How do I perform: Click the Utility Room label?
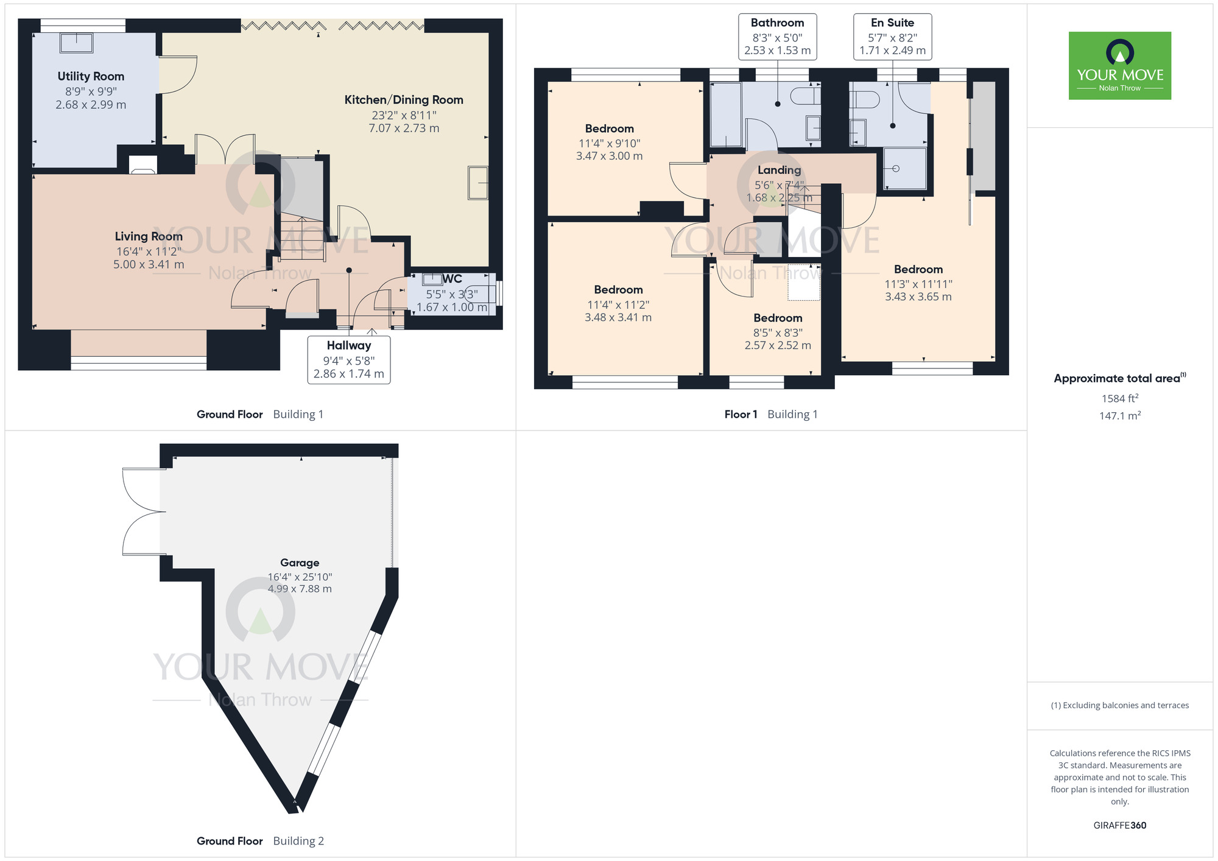click(91, 76)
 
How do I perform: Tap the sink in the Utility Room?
click(76, 44)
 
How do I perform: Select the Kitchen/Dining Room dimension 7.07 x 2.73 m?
click(403, 128)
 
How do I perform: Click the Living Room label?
click(149, 236)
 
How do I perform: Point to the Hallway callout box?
click(348, 360)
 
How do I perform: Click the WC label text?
click(452, 279)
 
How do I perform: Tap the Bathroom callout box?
click(777, 37)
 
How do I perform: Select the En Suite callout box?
click(892, 37)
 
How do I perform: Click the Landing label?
click(779, 170)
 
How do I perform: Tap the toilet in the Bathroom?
click(804, 96)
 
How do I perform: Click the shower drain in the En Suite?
click(896, 169)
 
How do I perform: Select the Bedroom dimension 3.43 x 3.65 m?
click(918, 297)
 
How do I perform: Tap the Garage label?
click(300, 563)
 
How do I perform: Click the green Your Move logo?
click(1119, 66)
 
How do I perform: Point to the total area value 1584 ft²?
click(1119, 398)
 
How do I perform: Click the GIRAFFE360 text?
click(1119, 825)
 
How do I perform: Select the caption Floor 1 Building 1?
click(770, 414)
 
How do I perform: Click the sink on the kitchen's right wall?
click(477, 183)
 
